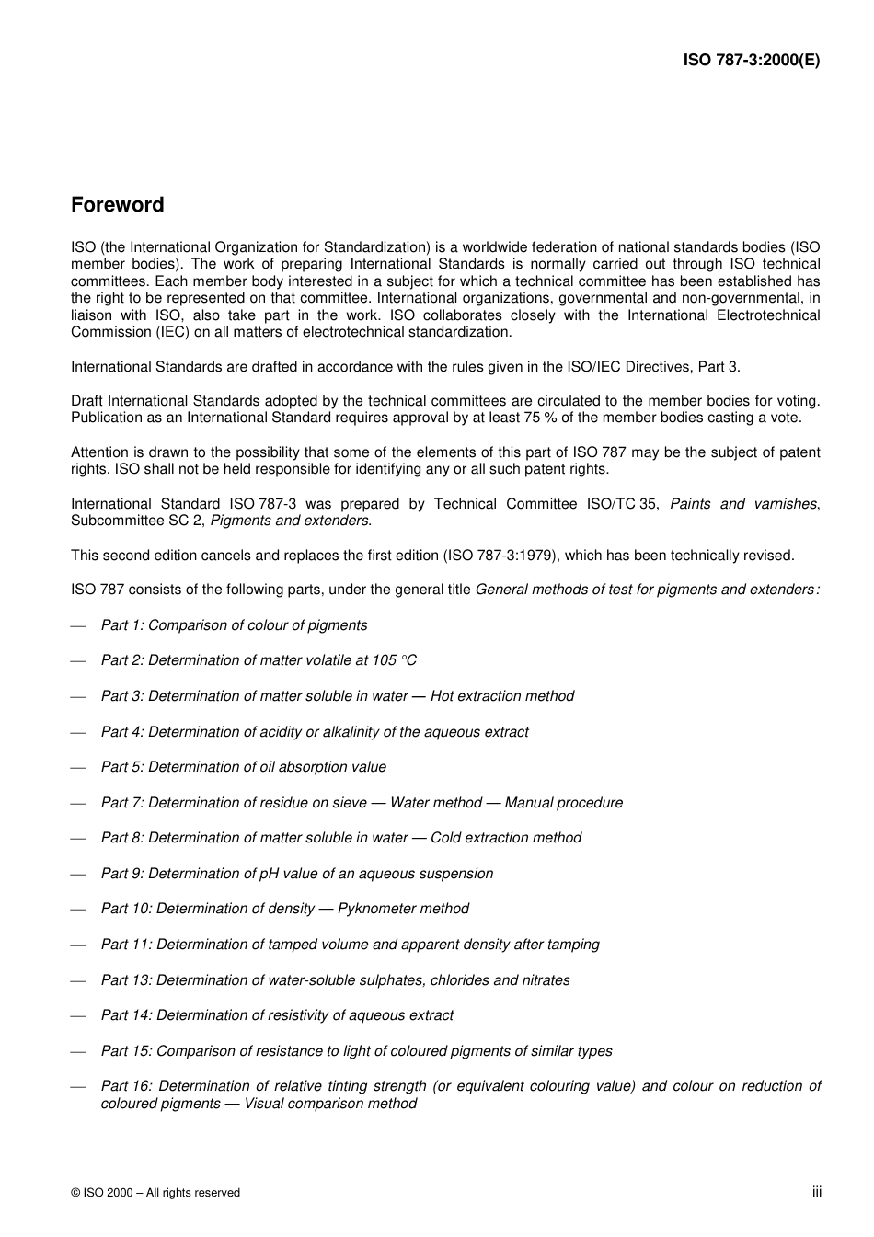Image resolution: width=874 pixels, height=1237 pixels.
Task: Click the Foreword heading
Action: tap(117, 205)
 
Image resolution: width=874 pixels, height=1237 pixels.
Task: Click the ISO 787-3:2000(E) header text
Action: tap(751, 61)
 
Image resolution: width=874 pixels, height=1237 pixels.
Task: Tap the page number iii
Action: tap(816, 1192)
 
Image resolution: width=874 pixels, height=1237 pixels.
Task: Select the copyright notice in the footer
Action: tap(155, 1193)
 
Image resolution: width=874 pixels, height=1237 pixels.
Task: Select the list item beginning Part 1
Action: tap(234, 625)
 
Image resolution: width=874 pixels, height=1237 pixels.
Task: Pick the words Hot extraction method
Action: tap(501, 696)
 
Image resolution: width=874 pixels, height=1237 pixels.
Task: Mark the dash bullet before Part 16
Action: tap(79, 1087)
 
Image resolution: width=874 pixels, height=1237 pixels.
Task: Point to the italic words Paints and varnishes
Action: tap(742, 504)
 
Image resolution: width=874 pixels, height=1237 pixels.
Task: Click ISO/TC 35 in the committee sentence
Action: tap(622, 504)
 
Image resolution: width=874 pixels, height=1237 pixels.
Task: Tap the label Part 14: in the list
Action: tap(126, 1015)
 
